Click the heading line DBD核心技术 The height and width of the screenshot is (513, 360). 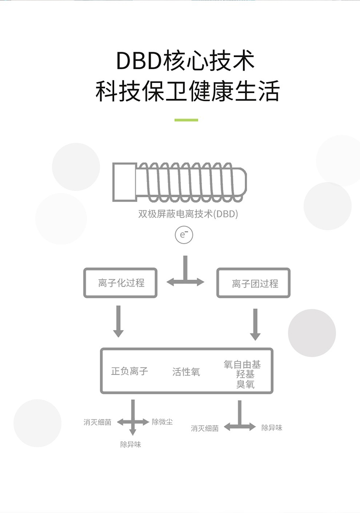tap(185, 60)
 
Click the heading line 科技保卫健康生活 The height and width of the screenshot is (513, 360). tap(188, 91)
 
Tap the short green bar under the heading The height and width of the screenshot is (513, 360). tap(186, 120)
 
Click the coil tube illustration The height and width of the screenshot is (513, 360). tap(180, 182)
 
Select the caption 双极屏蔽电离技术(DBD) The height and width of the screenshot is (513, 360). tap(188, 214)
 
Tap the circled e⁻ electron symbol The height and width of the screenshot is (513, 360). tap(184, 235)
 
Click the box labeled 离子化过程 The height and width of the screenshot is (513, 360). tap(120, 283)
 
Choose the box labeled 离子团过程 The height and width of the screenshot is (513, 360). tap(253, 283)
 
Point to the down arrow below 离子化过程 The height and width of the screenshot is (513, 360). tap(119, 321)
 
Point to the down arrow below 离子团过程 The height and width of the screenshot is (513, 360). tap(255, 324)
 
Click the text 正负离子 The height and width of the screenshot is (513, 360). tap(130, 371)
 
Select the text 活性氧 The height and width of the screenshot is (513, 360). tap(186, 371)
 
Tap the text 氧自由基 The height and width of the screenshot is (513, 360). tap(242, 364)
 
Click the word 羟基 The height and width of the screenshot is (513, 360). tap(245, 374)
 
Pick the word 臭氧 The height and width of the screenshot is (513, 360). tap(245, 384)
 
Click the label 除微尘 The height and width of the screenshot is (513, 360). tap(162, 422)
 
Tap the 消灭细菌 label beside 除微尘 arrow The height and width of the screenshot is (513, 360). tap(97, 422)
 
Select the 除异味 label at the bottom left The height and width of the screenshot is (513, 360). tap(131, 444)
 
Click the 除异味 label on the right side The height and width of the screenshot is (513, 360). tap(272, 428)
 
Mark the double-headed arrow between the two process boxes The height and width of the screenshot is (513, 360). tap(185, 282)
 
